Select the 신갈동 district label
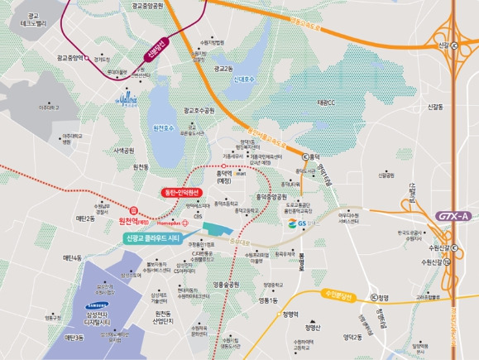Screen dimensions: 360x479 434,107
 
